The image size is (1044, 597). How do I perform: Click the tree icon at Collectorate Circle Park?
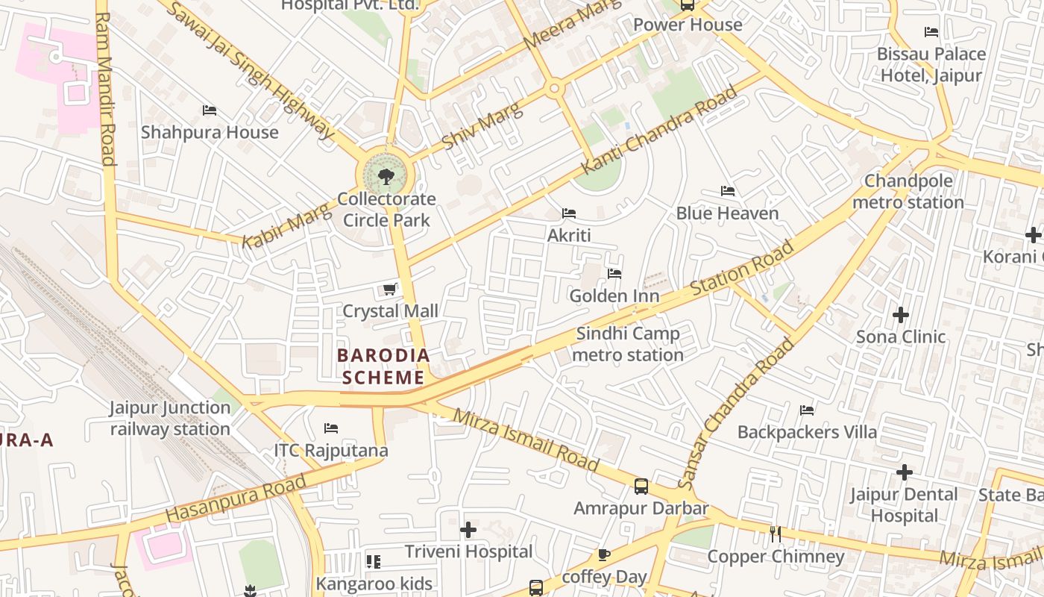coord(386,177)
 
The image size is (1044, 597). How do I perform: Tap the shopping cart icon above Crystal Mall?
coord(389,289)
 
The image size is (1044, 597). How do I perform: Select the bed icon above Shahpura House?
coord(210,110)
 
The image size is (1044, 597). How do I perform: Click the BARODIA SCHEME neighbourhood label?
coord(383,366)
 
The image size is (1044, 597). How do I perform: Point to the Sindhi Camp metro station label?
coord(627,344)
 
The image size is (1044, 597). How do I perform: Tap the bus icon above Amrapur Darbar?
coord(641,487)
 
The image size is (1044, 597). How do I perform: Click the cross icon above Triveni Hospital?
coord(468,530)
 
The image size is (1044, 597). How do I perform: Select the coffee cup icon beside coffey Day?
coord(604,554)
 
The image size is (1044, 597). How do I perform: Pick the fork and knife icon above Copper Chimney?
coord(775,534)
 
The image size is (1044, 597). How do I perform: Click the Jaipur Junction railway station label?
coord(170,418)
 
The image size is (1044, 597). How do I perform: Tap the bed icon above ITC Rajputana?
coord(331,428)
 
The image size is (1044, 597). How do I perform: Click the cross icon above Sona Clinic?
coord(901,314)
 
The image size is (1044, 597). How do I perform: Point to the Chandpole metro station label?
coord(908,192)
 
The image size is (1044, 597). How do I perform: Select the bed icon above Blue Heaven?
coord(728,191)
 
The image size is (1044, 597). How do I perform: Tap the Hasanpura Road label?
coord(236,498)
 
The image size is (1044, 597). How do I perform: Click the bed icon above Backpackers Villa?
coord(807,410)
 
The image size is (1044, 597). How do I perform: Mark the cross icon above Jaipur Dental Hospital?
coord(904,472)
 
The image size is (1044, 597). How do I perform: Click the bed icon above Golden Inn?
coord(614,274)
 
